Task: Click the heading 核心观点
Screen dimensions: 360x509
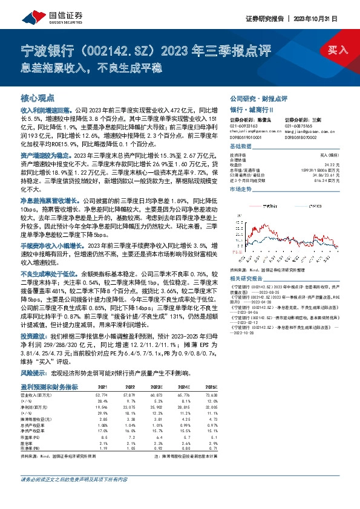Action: coord(38,97)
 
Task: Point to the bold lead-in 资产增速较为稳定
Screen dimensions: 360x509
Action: coord(40,155)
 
